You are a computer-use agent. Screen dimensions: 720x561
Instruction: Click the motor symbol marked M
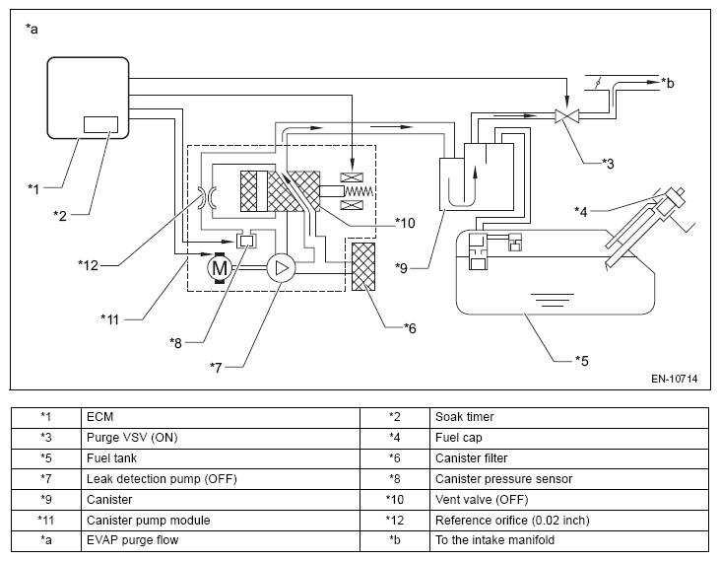tap(220, 267)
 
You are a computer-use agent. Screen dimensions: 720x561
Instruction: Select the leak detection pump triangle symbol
tap(282, 268)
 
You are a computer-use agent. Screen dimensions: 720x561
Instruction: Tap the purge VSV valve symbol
tap(567, 115)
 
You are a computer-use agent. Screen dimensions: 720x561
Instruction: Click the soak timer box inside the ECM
tap(100, 124)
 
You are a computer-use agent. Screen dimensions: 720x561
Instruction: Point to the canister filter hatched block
tap(363, 267)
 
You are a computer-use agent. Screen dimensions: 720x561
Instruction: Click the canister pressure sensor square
tap(246, 241)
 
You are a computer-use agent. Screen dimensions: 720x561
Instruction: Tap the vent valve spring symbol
tap(359, 191)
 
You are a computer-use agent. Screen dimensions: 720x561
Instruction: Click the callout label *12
tap(89, 265)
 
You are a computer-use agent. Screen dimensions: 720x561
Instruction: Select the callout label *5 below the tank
tap(582, 361)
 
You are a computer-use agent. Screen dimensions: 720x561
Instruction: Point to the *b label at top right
tap(668, 83)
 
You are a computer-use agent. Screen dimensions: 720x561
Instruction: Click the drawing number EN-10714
tap(674, 379)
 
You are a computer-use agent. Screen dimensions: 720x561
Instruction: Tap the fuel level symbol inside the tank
tap(552, 300)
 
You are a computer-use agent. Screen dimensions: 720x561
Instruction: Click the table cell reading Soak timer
tap(569, 417)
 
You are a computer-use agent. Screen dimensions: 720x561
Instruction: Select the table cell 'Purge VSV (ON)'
tap(221, 438)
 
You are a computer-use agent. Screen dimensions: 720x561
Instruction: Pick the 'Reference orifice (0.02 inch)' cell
tap(569, 521)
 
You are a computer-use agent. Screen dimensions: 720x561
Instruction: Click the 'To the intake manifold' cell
tap(569, 540)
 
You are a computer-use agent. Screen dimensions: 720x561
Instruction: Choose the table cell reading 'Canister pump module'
tap(221, 521)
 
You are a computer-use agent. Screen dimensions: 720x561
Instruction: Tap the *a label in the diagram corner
tap(32, 30)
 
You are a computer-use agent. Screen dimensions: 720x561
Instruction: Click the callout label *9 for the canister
tap(401, 268)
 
